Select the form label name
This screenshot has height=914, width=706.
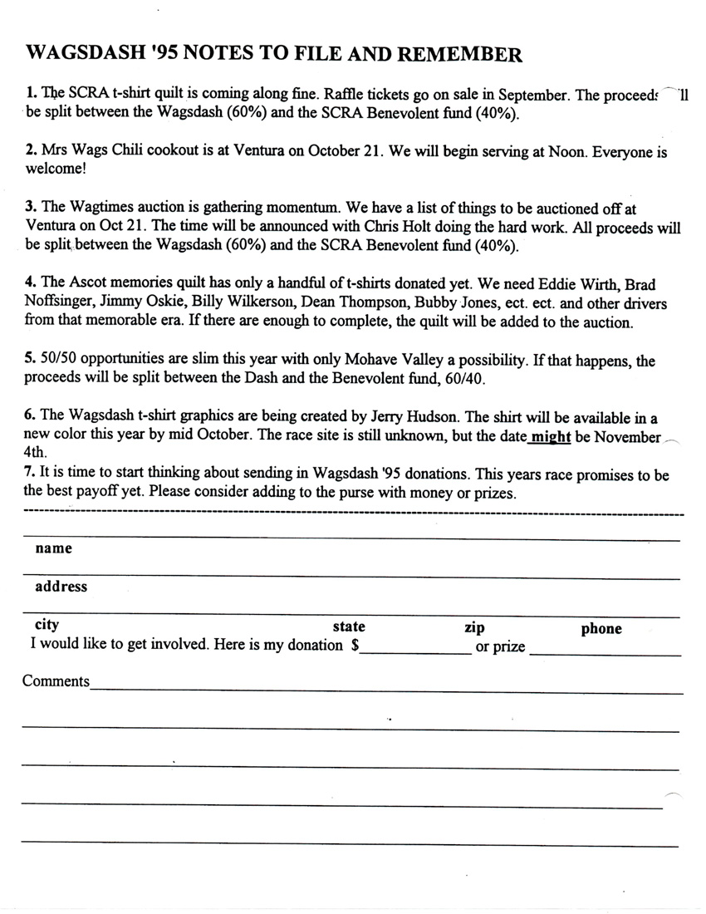(x=53, y=548)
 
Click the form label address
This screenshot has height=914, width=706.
(x=61, y=587)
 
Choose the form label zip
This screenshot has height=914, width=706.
(x=474, y=627)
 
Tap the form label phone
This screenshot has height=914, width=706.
(x=601, y=629)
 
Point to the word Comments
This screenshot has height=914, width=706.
(x=56, y=681)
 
